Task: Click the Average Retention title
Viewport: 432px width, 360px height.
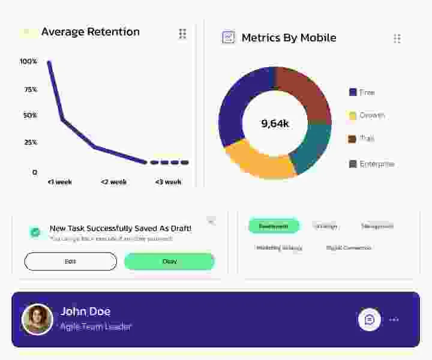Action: coord(90,32)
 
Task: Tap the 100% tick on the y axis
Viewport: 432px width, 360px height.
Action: coord(28,61)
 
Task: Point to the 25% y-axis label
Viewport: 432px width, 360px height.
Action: coord(30,142)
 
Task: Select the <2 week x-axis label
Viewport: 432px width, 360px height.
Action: coord(113,182)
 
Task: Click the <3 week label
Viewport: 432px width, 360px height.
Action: coord(168,182)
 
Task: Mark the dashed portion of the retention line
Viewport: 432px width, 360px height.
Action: coord(169,163)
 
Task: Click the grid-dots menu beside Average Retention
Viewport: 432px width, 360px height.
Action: coord(182,34)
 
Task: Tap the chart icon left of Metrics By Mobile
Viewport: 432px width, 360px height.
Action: coord(229,37)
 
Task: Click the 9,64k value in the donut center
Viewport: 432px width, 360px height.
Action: coord(275,124)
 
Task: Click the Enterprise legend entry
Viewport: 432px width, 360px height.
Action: coord(372,164)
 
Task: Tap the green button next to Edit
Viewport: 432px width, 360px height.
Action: coord(169,262)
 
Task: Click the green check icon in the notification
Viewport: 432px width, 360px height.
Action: coord(35,232)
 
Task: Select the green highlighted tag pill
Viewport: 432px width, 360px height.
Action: coord(274,226)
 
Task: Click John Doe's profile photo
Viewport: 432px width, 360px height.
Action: coord(37,319)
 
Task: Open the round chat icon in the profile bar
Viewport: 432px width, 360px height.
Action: coord(370,319)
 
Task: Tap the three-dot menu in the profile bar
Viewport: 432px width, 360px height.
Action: coord(394,320)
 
